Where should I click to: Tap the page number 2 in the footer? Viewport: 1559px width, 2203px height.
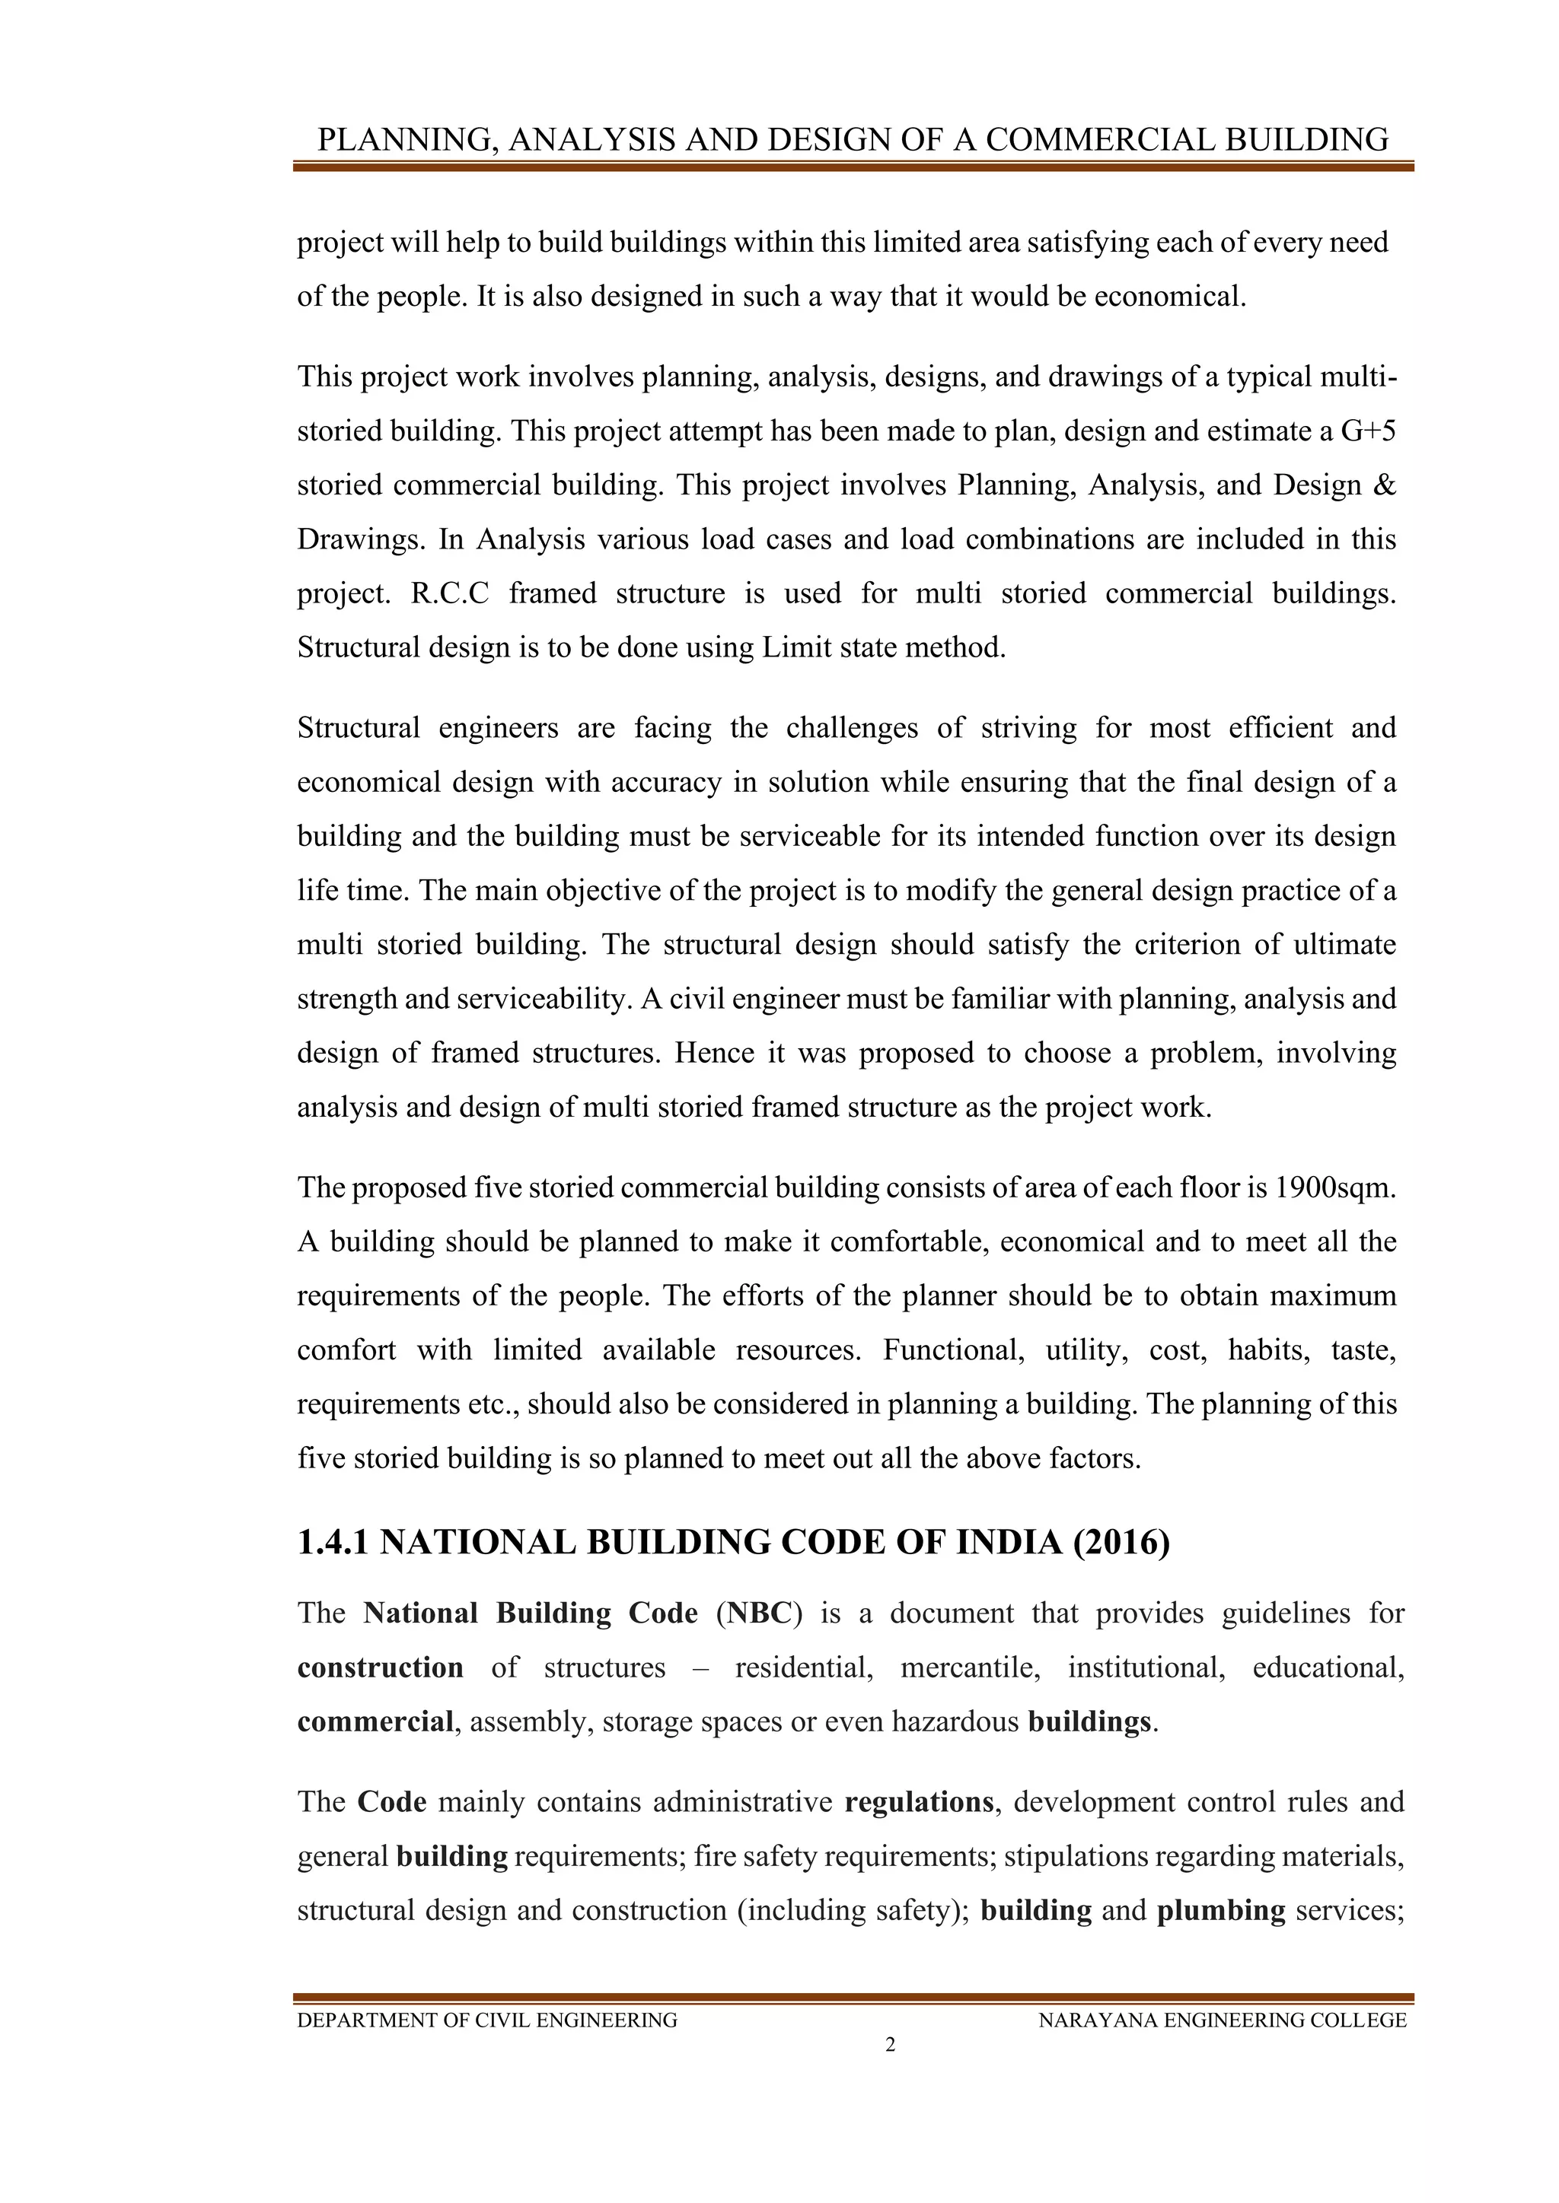point(890,2045)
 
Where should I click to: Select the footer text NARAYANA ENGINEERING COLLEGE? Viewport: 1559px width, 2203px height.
point(1222,2020)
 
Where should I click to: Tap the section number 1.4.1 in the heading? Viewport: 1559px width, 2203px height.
point(333,1542)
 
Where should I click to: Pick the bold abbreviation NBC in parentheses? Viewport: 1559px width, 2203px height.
point(757,1613)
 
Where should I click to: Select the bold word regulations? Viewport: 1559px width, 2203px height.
point(918,1801)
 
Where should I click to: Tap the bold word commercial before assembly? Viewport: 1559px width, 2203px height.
point(375,1721)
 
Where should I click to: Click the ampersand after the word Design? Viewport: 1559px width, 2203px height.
point(1384,485)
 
